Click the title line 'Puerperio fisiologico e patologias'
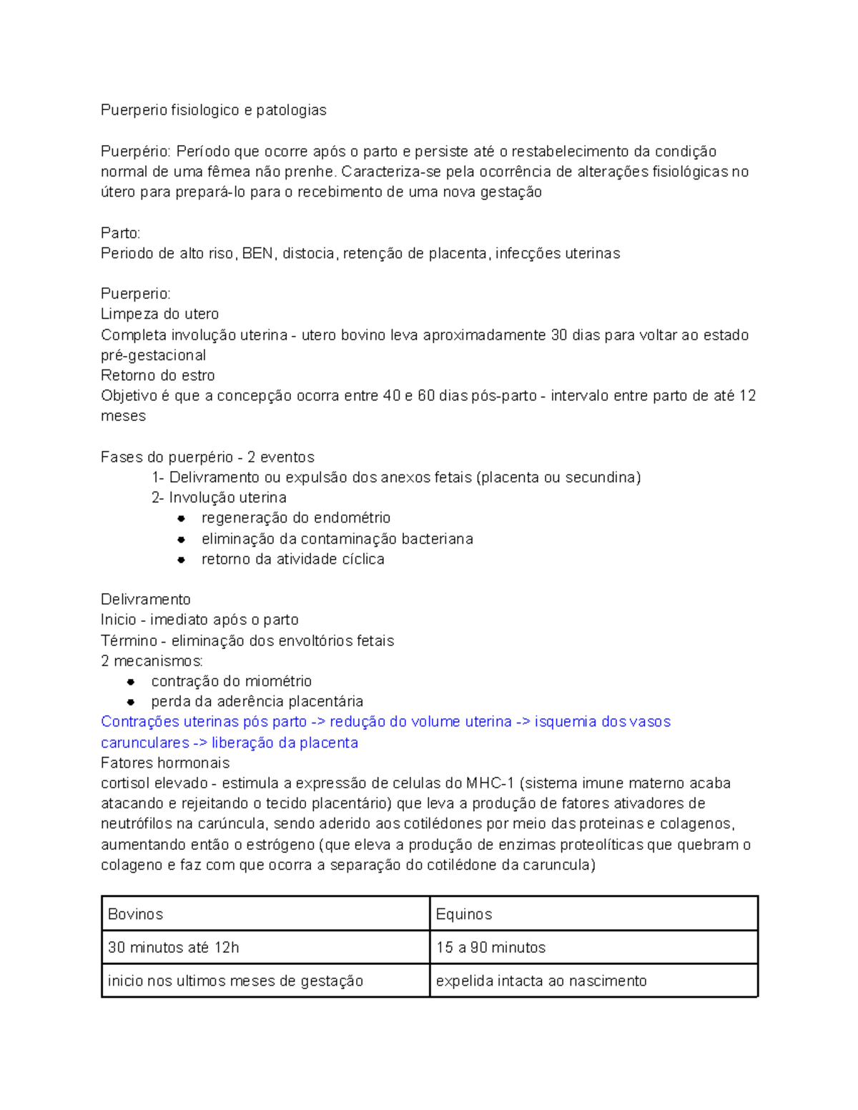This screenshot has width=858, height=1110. point(213,110)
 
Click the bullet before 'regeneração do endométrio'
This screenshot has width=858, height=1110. point(182,518)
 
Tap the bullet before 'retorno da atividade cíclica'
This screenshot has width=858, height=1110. point(182,560)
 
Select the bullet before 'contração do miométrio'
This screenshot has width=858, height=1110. point(132,682)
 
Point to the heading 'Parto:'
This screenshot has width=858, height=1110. point(121,233)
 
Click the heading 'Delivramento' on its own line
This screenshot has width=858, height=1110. point(146,600)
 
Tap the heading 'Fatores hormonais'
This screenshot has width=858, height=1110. point(165,763)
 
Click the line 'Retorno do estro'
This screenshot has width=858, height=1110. point(157,376)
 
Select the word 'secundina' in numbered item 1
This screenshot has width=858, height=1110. point(600,477)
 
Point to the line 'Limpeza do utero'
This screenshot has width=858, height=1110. point(159,314)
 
